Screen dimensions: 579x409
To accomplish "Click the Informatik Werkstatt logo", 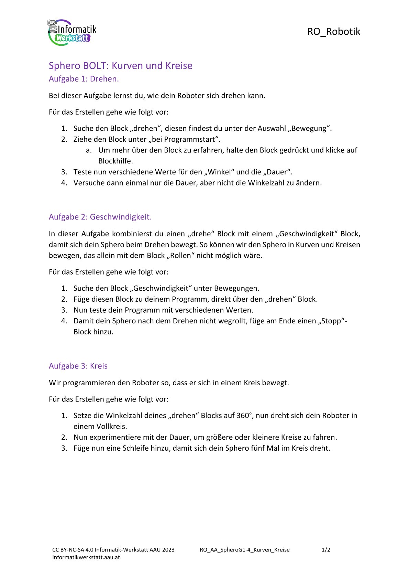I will [72, 33].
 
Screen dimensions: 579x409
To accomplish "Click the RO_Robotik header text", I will [333, 32].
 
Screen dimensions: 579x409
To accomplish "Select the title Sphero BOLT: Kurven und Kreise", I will [120, 65].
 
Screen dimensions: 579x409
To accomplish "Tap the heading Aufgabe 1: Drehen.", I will [84, 79].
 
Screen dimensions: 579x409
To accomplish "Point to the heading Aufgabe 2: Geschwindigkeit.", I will [100, 217].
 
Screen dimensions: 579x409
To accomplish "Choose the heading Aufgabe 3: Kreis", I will [78, 366].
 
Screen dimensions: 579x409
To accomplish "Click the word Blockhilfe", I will [115, 161].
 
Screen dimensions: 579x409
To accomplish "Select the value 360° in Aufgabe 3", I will [244, 415].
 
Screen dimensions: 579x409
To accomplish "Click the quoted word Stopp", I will [332, 321].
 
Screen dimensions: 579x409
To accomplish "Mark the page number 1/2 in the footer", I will [326, 550].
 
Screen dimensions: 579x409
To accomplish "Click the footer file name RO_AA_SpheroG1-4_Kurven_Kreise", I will [244, 550].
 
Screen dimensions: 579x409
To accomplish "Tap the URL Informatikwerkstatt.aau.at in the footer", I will [86, 557].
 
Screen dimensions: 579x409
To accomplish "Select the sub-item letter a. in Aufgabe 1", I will [89, 150].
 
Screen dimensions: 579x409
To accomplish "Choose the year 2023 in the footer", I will [168, 550].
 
